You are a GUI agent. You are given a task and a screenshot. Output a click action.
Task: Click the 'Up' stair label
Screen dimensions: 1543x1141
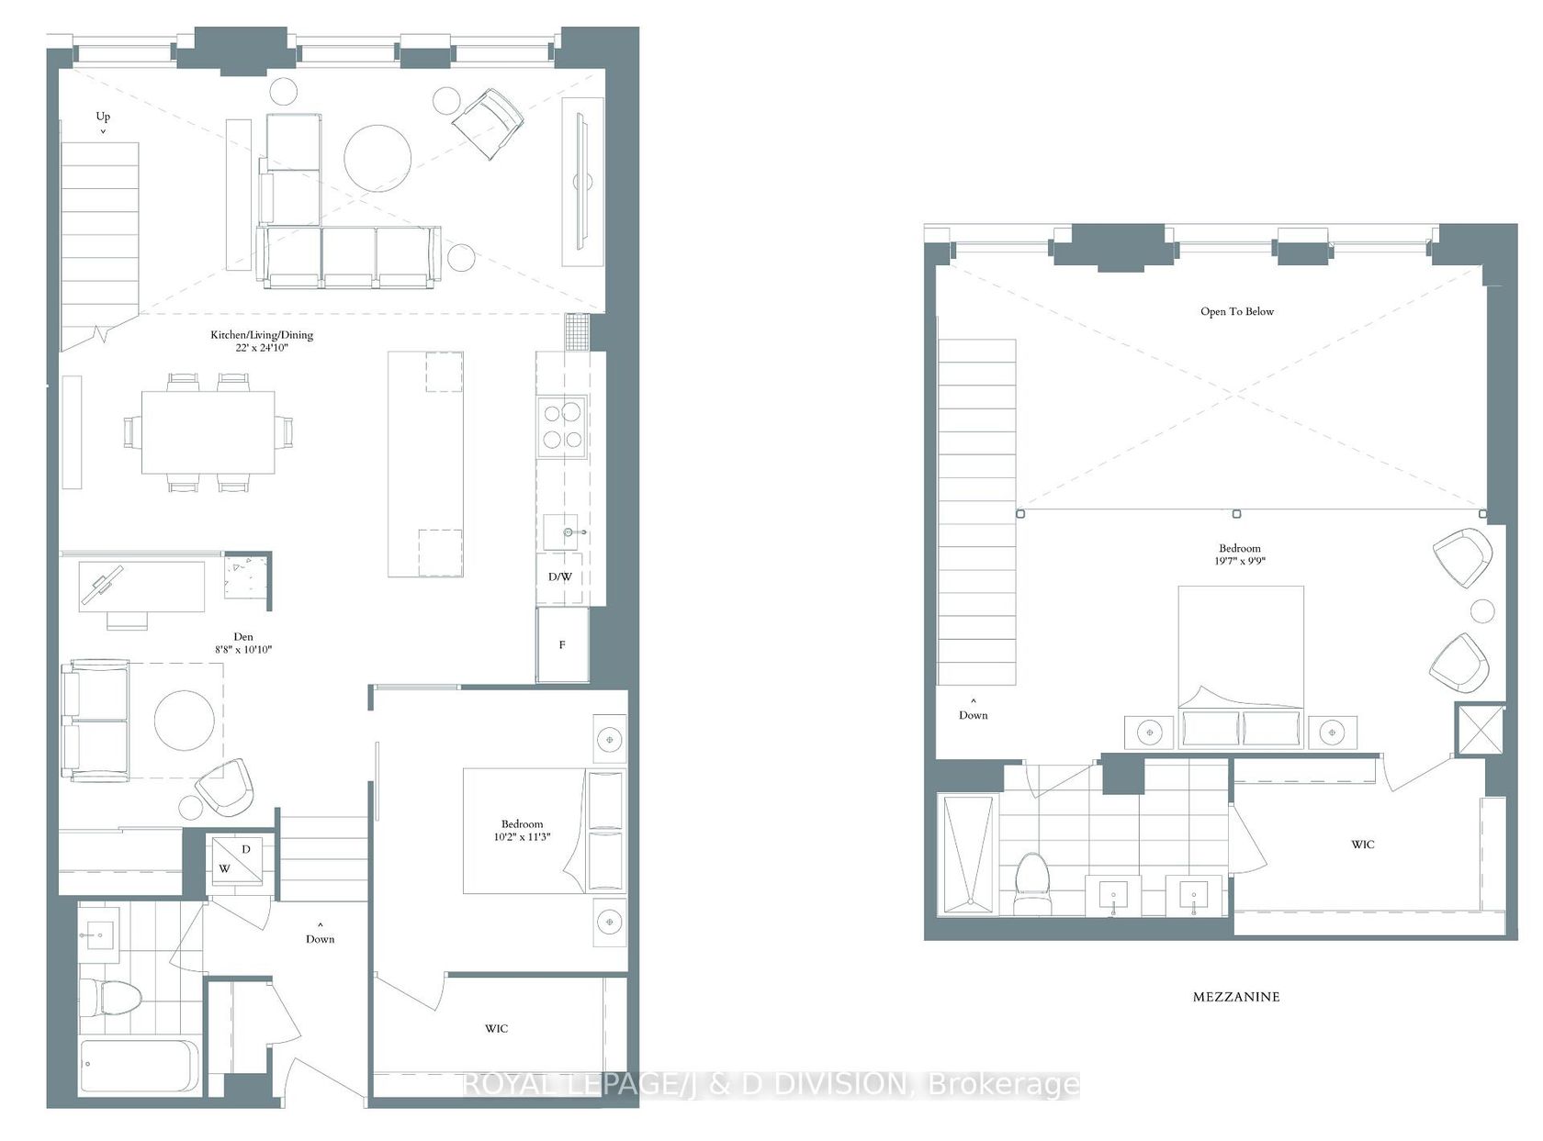coord(103,116)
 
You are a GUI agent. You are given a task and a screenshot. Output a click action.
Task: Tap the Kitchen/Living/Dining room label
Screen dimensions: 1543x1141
coord(262,334)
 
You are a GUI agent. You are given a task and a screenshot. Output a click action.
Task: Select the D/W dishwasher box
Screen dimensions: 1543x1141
coord(560,576)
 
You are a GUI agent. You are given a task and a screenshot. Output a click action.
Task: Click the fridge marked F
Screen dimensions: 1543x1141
coord(562,644)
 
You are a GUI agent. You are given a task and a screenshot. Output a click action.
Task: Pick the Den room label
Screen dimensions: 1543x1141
coord(243,636)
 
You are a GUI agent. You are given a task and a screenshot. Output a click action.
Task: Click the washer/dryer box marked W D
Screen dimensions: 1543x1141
coord(237,859)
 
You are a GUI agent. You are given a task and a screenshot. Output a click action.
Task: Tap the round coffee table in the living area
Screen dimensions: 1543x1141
coord(377,159)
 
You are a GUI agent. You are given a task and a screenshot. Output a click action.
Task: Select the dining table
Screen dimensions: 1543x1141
coord(208,432)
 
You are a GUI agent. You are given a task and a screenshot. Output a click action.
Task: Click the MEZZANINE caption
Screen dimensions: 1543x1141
coord(1236,997)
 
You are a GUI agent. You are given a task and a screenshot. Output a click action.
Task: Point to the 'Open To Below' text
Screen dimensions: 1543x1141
coord(1237,311)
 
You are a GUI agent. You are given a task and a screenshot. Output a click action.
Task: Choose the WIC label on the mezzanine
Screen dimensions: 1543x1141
coord(1362,845)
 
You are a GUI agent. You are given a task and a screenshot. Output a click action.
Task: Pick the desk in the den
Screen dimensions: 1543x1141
coord(142,587)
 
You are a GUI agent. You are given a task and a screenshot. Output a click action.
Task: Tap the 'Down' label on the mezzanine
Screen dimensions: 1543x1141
coord(973,715)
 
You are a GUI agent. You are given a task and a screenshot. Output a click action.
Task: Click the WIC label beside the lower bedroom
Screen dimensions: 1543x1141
coord(497,1028)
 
